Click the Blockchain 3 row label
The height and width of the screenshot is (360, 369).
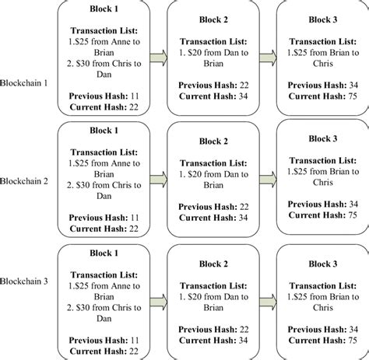(26, 280)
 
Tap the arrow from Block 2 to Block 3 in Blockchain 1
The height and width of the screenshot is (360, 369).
(269, 58)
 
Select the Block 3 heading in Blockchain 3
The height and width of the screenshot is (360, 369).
(322, 264)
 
